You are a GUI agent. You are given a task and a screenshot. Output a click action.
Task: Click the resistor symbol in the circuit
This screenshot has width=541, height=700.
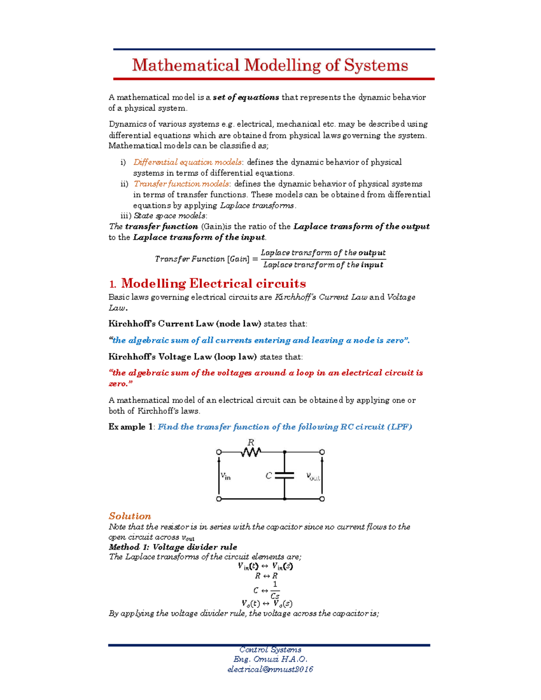pos(251,452)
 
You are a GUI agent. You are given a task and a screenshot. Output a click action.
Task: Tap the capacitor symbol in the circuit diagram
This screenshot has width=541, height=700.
pos(284,475)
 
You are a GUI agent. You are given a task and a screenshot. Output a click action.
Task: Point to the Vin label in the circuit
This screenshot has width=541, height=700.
pos(225,476)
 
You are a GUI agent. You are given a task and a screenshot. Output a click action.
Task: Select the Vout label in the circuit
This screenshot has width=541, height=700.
pos(313,476)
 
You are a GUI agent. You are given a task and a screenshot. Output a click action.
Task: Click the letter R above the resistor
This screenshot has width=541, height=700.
pos(251,442)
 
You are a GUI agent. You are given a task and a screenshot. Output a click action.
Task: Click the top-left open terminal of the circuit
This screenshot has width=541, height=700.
pos(219,452)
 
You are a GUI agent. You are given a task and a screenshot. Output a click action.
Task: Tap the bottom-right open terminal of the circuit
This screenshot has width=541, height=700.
pos(322,499)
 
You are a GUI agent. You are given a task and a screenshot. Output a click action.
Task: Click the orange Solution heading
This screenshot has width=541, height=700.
pos(130,516)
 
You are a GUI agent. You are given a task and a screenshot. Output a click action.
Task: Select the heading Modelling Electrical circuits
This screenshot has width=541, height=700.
pos(213,284)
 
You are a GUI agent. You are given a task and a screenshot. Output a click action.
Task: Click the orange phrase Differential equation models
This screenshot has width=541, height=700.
pos(188,162)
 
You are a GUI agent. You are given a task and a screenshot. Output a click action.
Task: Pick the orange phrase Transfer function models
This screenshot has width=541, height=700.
pos(181,184)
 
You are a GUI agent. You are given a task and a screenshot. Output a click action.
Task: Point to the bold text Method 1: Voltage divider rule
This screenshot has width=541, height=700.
pos(173,547)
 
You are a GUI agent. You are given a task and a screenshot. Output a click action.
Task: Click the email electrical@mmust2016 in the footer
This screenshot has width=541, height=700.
pos(270,669)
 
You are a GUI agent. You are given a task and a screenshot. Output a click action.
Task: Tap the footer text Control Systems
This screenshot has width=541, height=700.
pos(270,650)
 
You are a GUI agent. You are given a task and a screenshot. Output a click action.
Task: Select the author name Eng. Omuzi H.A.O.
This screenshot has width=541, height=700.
pos(270,659)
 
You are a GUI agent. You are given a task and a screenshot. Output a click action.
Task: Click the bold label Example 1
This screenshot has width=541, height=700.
pos(131,427)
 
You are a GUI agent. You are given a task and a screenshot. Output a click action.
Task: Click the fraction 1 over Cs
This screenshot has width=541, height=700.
pos(275,590)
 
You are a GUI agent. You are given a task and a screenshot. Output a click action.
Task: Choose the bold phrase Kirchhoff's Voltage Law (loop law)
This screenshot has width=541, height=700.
pos(183,357)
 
